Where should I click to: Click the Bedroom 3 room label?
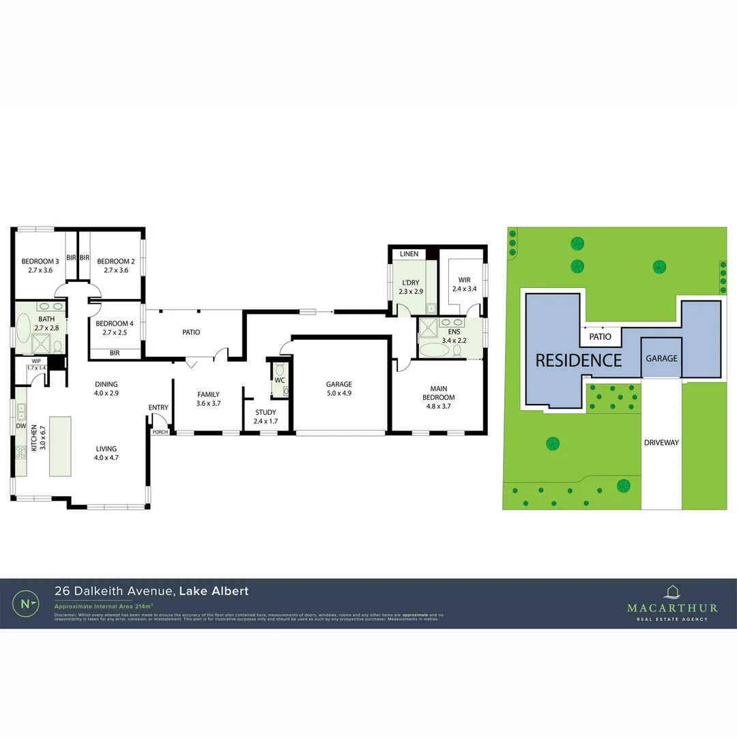pyautogui.click(x=39, y=261)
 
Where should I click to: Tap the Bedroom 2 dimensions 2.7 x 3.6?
pyautogui.click(x=115, y=271)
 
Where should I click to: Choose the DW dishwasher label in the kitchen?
pyautogui.click(x=20, y=426)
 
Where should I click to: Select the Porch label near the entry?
pyautogui.click(x=159, y=431)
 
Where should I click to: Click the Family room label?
pyautogui.click(x=208, y=394)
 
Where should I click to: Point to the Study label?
pyautogui.click(x=265, y=412)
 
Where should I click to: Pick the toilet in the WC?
pyautogui.click(x=279, y=377)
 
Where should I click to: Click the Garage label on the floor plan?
pyautogui.click(x=338, y=384)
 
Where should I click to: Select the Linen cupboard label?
pyautogui.click(x=409, y=254)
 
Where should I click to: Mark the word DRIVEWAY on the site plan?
pyautogui.click(x=661, y=443)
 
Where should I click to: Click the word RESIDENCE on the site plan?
pyautogui.click(x=578, y=360)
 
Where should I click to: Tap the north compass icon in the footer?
pyautogui.click(x=26, y=603)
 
